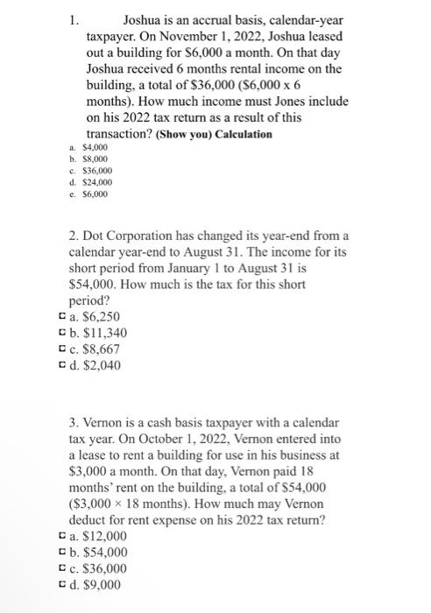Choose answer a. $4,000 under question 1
(83, 150)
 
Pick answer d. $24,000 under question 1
(85, 181)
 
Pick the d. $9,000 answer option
(95, 584)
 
